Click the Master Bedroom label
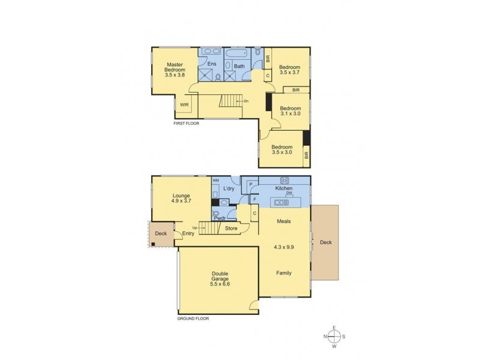[175, 70]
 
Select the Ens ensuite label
[211, 64]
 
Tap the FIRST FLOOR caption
[186, 123]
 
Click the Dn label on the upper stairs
[246, 101]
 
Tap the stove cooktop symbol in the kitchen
[284, 180]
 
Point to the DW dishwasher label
[289, 194]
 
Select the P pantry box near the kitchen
[250, 185]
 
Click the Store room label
[231, 228]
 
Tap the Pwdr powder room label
[219, 218]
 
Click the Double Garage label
[220, 280]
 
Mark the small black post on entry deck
[153, 244]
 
